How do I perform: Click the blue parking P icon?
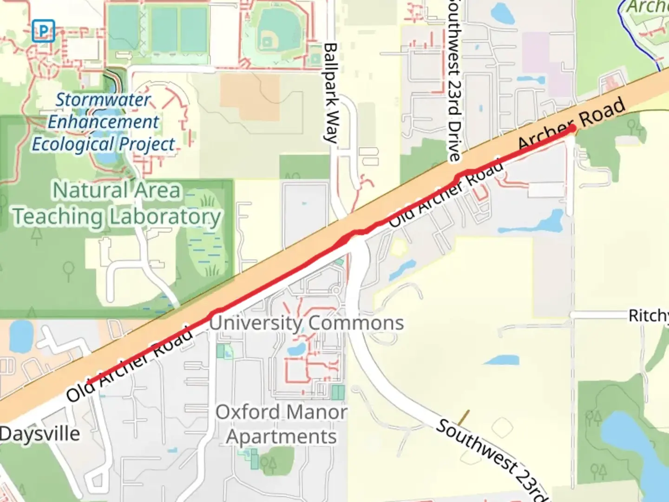click(43, 31)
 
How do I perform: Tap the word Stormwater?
click(103, 99)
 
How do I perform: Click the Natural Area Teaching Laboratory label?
click(116, 204)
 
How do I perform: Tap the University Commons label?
click(306, 323)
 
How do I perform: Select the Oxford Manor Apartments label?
click(282, 424)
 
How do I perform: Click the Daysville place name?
click(40, 434)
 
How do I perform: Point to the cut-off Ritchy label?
click(649, 316)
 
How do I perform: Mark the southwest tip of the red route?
click(88, 384)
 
